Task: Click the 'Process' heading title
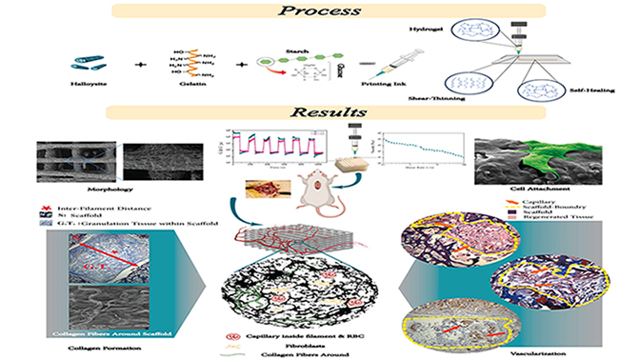tap(321, 12)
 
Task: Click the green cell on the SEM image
tap(539, 158)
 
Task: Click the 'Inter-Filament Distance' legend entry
tap(94, 205)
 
